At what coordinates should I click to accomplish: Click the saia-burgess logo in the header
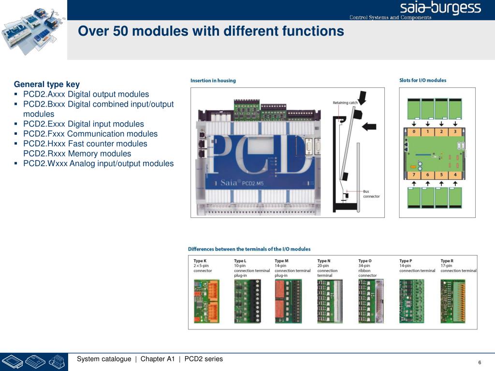440,8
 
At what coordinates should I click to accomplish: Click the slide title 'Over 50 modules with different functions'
211,31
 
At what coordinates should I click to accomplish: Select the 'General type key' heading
47,84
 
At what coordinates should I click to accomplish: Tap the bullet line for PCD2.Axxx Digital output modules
86,94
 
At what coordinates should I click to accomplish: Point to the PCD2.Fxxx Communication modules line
90,134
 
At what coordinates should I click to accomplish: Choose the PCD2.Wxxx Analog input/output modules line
98,163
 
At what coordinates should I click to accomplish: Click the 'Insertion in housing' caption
213,81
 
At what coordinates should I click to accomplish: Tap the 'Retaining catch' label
345,102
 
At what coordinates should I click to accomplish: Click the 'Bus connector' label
371,194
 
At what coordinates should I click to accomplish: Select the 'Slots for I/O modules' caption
422,80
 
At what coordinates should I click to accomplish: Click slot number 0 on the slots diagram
413,131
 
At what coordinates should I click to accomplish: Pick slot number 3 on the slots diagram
454,131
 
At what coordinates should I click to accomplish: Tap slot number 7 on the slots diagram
413,174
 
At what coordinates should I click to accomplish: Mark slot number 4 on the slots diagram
454,174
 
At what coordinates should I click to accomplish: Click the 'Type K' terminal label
200,261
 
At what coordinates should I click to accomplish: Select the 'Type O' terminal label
365,261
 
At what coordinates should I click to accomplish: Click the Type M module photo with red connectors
288,301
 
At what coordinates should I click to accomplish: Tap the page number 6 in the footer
480,363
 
